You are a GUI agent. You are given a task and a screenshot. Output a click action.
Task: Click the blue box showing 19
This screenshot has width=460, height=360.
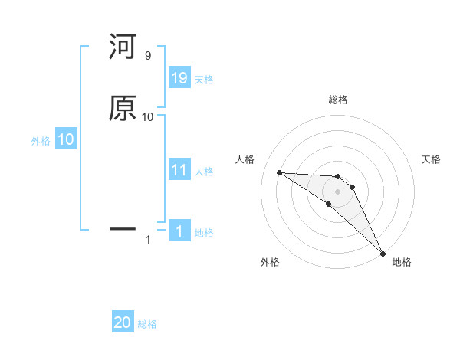click(x=179, y=77)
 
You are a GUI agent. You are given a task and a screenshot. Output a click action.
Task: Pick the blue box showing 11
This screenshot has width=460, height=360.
click(x=179, y=171)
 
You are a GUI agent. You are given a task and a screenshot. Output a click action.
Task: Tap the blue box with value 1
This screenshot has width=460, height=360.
click(x=179, y=232)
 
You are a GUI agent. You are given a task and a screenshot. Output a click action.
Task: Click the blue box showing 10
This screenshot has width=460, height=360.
click(x=66, y=139)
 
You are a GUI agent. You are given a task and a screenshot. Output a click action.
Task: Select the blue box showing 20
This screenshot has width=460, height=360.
click(x=123, y=322)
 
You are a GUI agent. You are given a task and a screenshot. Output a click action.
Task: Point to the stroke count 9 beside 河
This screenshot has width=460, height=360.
click(x=147, y=56)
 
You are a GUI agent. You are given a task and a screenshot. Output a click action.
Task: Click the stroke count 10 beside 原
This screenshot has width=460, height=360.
click(x=148, y=117)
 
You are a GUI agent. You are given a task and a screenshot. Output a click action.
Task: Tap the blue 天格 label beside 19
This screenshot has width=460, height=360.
click(x=204, y=79)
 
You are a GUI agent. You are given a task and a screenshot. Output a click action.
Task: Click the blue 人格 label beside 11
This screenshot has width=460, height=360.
click(x=204, y=172)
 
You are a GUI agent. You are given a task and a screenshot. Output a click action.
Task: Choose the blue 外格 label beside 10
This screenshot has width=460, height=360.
click(x=41, y=141)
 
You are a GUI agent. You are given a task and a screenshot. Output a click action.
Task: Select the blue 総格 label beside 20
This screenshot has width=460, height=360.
click(x=147, y=324)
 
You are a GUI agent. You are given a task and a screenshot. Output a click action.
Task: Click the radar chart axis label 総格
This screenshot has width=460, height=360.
click(x=338, y=100)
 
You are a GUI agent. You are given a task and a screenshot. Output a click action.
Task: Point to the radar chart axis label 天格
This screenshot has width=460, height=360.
click(x=431, y=159)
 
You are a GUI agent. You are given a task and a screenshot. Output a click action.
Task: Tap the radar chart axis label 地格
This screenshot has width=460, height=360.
click(x=402, y=262)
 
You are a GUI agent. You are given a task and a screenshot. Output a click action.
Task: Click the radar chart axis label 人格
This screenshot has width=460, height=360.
click(x=245, y=159)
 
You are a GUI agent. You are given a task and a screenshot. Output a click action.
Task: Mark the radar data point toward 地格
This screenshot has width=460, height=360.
click(x=383, y=253)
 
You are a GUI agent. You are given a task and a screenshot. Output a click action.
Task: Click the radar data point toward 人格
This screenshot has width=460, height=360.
click(x=279, y=172)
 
